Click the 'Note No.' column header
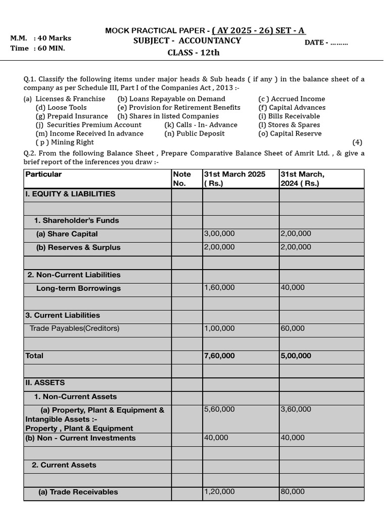(x=182, y=179)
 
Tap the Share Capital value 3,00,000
(x=219, y=234)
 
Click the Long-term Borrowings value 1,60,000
(x=219, y=287)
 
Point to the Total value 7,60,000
(x=219, y=356)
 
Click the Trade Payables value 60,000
(x=293, y=328)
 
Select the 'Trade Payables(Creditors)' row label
(x=74, y=328)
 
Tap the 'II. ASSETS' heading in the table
(x=45, y=383)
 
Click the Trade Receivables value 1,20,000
(x=219, y=492)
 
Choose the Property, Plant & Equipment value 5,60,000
(x=219, y=409)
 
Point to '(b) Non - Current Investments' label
(x=80, y=438)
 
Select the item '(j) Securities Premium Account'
(x=88, y=125)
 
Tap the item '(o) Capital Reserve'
(x=289, y=134)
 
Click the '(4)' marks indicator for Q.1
(x=357, y=142)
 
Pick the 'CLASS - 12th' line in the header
(x=193, y=53)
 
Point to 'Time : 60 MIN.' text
(x=38, y=49)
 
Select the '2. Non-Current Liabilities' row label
(x=74, y=275)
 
